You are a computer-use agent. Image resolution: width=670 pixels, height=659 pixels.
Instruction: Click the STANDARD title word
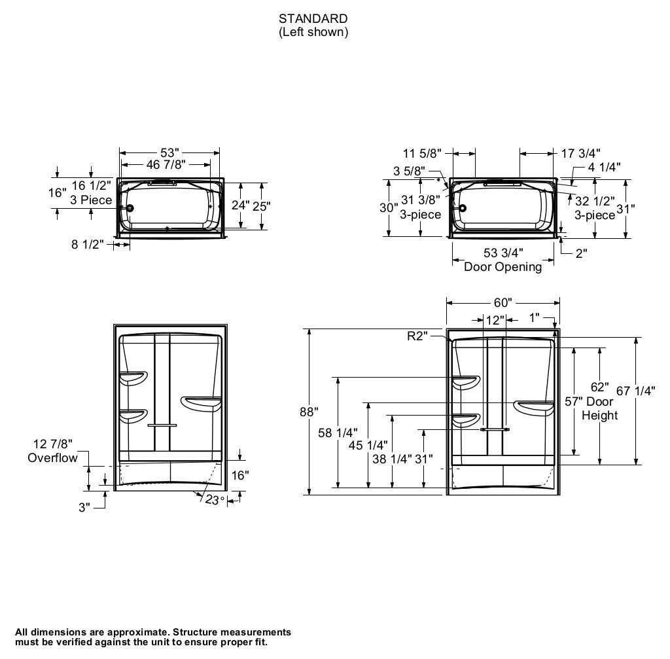(x=313, y=18)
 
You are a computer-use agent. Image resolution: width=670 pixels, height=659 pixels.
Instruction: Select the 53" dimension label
(x=169, y=153)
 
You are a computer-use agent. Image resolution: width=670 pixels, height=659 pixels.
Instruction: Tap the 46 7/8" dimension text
(x=166, y=165)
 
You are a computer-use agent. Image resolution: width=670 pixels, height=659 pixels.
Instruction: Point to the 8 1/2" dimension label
(x=88, y=245)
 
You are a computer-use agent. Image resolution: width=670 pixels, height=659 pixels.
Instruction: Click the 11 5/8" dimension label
(x=421, y=153)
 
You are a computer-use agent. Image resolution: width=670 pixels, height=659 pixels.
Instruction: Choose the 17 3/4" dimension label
(x=581, y=153)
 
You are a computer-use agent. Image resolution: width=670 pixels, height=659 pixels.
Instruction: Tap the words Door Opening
(x=502, y=266)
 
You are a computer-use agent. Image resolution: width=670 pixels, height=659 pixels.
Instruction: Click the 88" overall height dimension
(x=309, y=412)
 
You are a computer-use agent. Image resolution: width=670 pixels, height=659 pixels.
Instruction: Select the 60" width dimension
(x=502, y=302)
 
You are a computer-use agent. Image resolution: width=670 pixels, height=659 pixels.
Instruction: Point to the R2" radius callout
(x=417, y=336)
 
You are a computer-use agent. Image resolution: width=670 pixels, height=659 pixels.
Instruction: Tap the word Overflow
(x=52, y=458)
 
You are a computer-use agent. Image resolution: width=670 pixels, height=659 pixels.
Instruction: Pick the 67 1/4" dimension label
(x=635, y=391)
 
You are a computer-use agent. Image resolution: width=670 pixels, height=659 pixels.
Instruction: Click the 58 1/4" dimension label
(x=338, y=433)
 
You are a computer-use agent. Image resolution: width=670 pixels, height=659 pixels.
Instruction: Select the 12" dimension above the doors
(x=495, y=320)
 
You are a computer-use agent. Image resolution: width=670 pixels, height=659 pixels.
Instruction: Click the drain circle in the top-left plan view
(x=130, y=208)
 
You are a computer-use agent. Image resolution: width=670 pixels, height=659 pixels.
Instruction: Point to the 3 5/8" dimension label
(x=408, y=171)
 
